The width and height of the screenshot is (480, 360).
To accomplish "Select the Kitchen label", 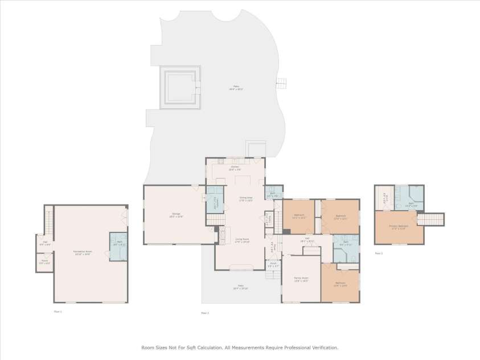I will coord(235,169).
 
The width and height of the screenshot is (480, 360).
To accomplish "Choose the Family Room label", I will coord(301,280).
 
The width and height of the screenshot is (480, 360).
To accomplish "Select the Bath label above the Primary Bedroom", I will coord(411,204).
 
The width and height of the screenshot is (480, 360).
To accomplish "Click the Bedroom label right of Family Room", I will coord(340,284).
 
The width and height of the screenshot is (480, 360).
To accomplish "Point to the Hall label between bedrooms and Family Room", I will coord(307,239).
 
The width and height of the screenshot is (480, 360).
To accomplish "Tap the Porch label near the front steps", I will coord(273,265).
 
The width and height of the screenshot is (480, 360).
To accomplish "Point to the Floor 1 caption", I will coord(58,312).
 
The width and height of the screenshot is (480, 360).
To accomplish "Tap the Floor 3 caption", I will coord(379,253).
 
